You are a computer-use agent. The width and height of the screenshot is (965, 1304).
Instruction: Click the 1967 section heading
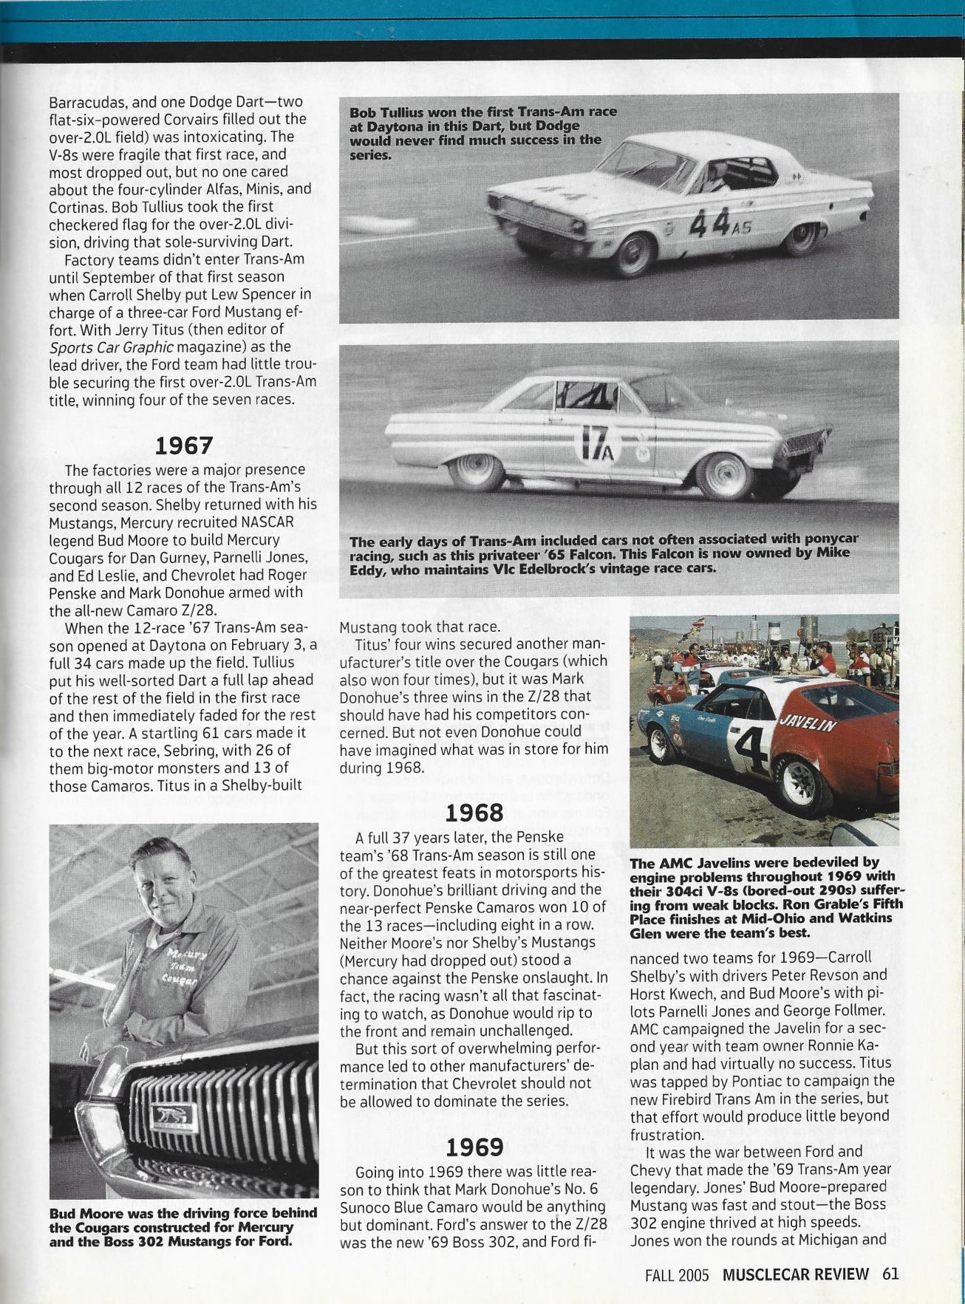pyautogui.click(x=183, y=446)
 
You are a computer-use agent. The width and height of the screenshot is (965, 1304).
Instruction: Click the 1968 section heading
pyautogui.click(x=475, y=813)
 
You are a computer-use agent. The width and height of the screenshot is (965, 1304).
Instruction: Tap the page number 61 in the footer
pyautogui.click(x=890, y=1274)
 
